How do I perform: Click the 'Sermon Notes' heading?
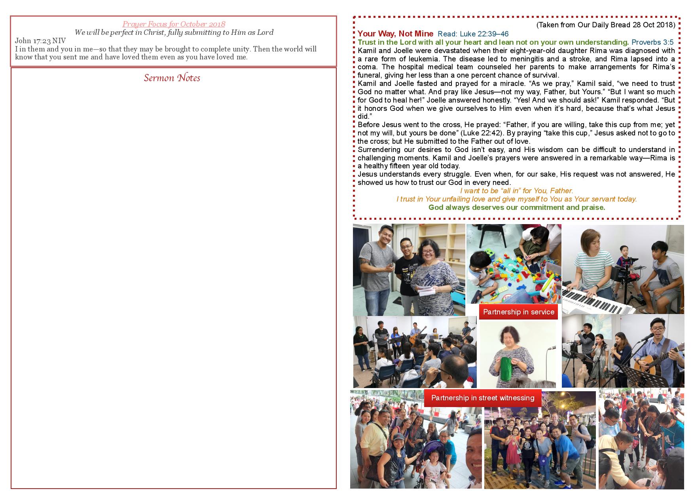tap(172, 78)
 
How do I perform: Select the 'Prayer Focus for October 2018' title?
tap(174, 24)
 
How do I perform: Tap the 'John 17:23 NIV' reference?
tap(40, 41)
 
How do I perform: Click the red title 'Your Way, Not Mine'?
tap(395, 34)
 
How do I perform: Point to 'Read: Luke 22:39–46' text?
tap(473, 34)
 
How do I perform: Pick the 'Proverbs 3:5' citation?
tap(652, 42)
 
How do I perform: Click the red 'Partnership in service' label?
tap(518, 312)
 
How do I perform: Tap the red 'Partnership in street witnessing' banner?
tap(483, 398)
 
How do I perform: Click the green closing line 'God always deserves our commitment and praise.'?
tap(517, 207)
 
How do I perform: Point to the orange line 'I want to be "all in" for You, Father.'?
tap(517, 191)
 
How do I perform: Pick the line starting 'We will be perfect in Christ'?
tap(174, 32)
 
